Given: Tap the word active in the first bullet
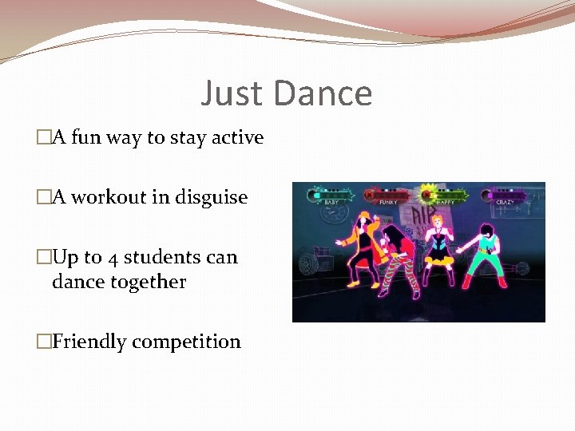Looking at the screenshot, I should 237,137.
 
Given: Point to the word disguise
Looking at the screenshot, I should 210,198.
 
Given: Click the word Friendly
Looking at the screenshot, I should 89,342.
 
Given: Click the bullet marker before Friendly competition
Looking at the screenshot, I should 43,342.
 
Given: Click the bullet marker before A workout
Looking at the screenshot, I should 43,197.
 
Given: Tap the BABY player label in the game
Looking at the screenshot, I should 331,202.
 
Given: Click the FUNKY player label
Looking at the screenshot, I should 387,202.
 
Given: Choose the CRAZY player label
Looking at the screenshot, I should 505,202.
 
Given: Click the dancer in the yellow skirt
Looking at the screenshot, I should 438,243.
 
